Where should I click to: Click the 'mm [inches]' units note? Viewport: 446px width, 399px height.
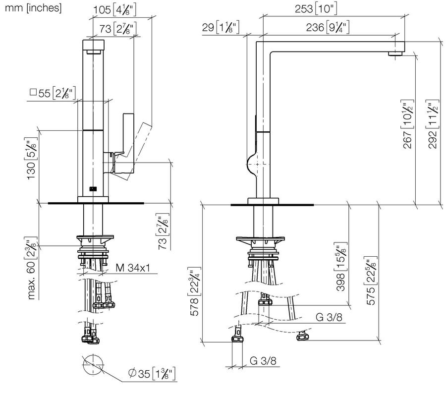click(x=33, y=8)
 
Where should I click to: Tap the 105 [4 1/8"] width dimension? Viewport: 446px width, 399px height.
click(x=115, y=10)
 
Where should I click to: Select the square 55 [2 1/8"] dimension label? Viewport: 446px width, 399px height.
click(x=53, y=93)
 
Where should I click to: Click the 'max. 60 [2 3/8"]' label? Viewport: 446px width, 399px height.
click(x=32, y=268)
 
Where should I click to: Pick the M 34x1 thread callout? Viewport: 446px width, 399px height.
click(x=132, y=268)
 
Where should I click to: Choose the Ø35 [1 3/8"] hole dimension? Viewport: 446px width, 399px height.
click(x=152, y=373)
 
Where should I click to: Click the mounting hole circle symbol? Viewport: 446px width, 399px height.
click(x=93, y=365)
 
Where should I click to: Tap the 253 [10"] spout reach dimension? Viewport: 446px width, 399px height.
click(x=316, y=8)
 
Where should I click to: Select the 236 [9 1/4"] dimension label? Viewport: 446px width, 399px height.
click(x=328, y=27)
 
